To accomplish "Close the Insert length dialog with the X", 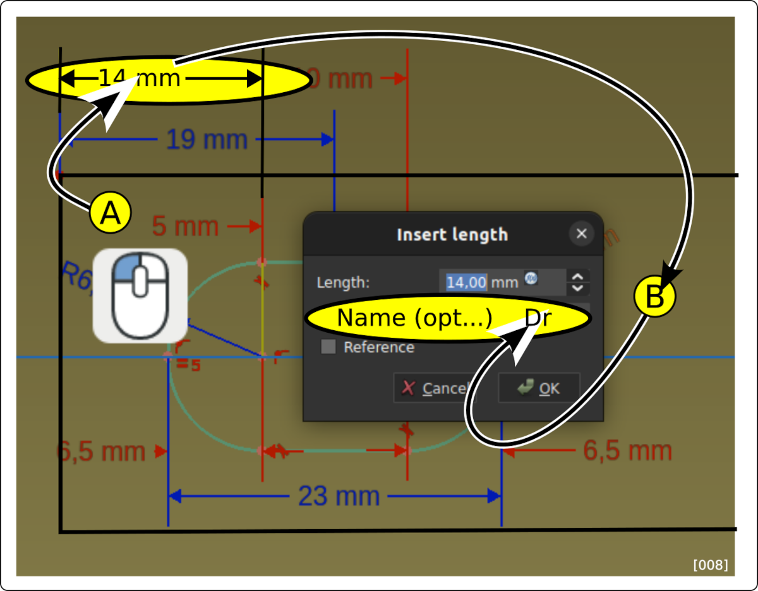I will pos(581,234).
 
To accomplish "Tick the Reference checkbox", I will pos(328,347).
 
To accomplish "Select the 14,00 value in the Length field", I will pos(466,282).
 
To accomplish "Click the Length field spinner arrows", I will pos(577,282).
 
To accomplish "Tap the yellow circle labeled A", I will pos(111,213).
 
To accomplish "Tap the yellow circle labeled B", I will pos(655,296).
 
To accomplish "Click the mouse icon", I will pos(140,295).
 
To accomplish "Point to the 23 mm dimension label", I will pos(339,496).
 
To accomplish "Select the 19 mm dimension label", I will pos(206,139).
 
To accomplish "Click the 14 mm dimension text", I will pos(140,78).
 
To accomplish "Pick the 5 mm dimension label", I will pos(185,225).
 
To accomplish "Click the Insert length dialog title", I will pos(452,235).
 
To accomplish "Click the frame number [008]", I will pos(710,564).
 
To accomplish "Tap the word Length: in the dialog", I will pos(343,282).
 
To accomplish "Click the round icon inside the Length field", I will pos(531,278).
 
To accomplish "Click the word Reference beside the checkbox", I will pos(379,347).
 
